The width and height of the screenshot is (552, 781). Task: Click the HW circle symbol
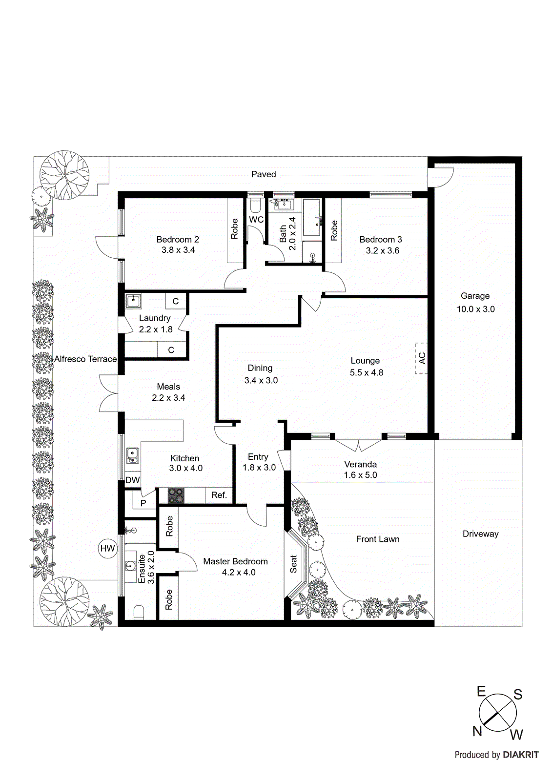107,548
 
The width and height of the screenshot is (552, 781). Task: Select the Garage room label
475,296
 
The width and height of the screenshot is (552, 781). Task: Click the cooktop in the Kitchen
176,495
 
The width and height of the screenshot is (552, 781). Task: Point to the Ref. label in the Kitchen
219,495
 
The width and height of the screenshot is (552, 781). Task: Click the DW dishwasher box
132,480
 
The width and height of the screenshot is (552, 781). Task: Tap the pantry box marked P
143,503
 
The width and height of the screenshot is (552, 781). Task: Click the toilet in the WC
256,204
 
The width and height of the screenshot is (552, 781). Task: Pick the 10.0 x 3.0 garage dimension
475,309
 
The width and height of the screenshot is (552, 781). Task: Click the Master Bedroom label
235,561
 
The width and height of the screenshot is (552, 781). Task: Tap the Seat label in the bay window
294,564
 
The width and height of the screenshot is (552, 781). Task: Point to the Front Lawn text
377,539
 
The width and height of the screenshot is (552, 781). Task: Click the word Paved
264,174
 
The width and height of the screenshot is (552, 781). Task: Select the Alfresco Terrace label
85,359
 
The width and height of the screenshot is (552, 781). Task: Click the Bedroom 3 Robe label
334,230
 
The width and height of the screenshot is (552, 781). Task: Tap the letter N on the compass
477,731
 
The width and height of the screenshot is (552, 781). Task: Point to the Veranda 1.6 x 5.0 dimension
360,475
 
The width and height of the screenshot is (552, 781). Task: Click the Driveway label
480,534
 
